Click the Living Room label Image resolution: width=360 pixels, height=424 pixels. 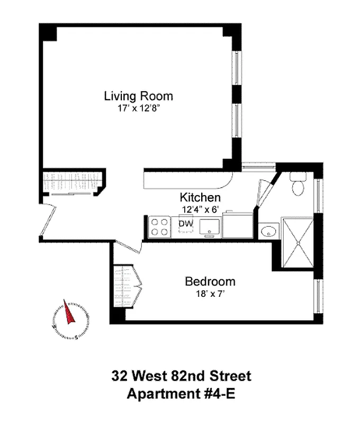tap(138, 96)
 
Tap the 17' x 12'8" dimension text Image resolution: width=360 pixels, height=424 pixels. tap(138, 109)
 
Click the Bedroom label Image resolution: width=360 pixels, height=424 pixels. tap(210, 281)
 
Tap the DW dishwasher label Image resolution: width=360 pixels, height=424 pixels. tap(185, 224)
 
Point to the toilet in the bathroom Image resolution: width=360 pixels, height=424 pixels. tap(298, 186)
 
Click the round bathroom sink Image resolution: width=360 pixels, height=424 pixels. tap(269, 231)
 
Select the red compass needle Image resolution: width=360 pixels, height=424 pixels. tap(68, 313)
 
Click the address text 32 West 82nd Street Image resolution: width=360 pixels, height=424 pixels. tap(181, 377)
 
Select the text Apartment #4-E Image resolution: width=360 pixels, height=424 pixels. tap(181, 395)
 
